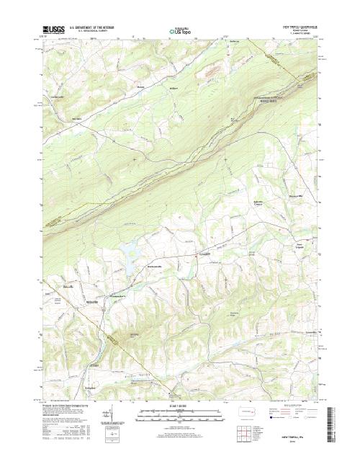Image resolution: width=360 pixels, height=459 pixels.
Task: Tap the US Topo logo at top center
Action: click(x=180, y=31)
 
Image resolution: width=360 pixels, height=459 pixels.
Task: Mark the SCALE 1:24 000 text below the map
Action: click(x=180, y=406)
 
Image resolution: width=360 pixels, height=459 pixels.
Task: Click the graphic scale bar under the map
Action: click(x=180, y=414)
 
